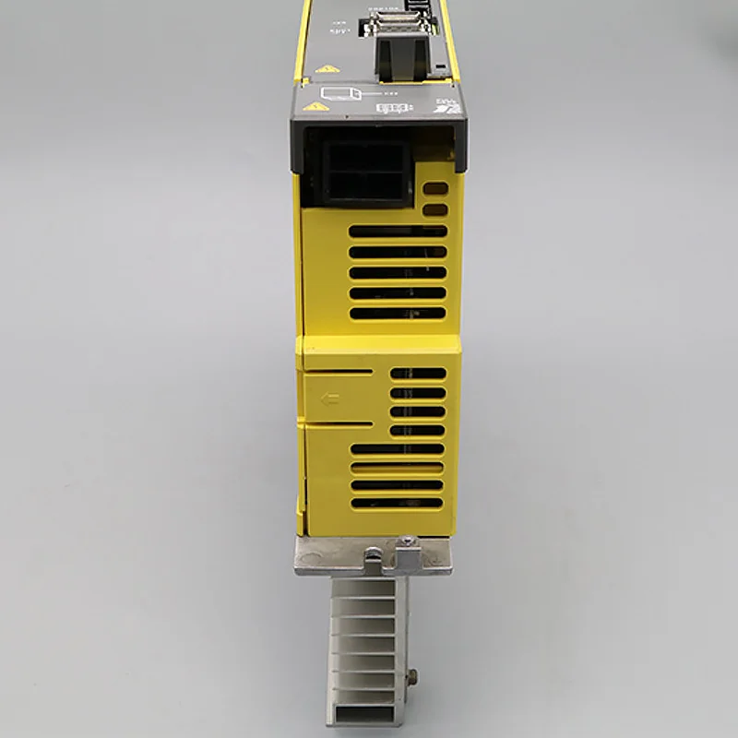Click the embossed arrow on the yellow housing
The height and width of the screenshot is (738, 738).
point(327,399)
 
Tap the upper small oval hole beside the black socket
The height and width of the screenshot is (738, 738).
point(434,188)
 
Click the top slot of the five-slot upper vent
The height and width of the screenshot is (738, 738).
point(399,231)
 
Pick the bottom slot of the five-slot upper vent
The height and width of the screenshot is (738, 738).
point(399,314)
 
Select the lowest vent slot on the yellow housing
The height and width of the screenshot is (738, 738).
point(397,503)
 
